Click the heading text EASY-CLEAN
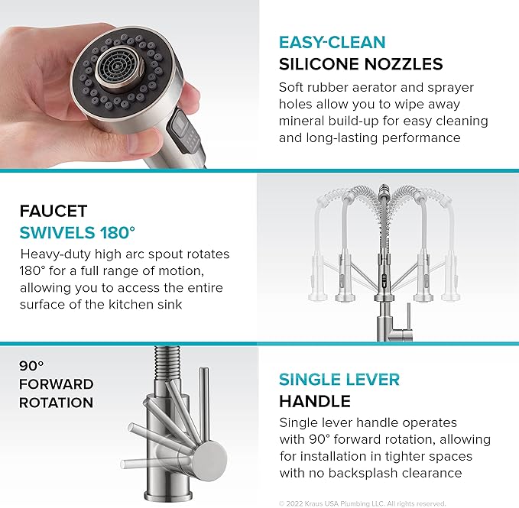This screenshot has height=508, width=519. coord(332,43)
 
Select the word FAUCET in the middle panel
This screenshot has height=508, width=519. coord(53,211)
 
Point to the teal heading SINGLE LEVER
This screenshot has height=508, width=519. coord(339,380)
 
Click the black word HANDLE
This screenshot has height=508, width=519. coord(314,401)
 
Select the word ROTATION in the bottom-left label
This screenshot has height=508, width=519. coord(56,403)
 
